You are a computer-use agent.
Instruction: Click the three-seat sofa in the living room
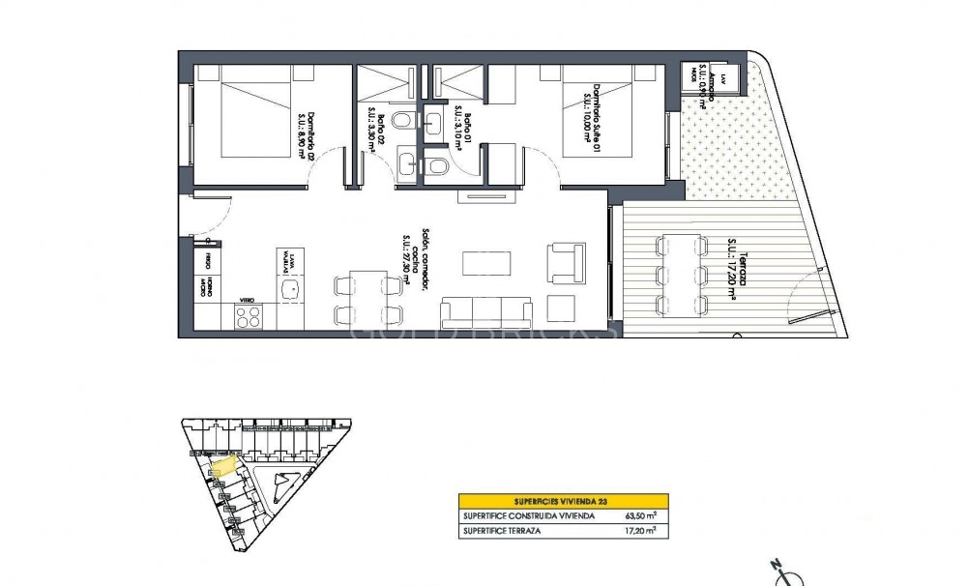tap(486, 314)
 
